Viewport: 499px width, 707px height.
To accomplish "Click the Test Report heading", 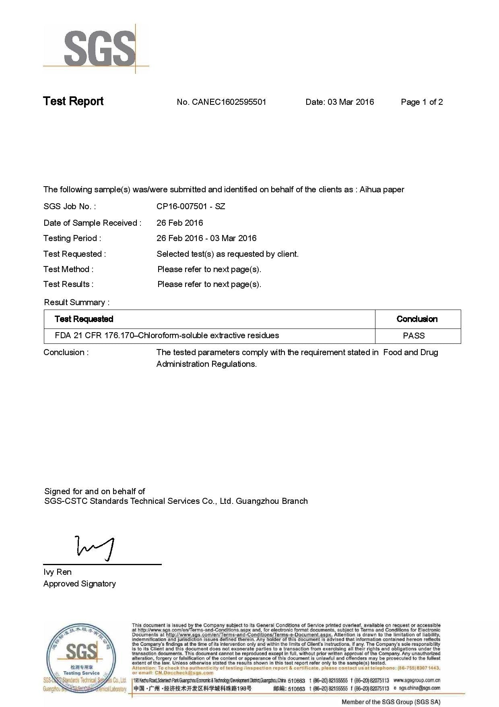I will click(x=73, y=101).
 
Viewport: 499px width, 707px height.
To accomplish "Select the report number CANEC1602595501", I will click(x=229, y=102).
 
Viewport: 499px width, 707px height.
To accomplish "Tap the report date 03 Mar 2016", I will click(x=351, y=102).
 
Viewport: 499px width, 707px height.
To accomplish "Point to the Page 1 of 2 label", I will click(x=422, y=102).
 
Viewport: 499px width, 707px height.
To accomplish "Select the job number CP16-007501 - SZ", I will click(x=191, y=206).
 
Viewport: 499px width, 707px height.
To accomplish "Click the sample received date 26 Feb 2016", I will click(x=179, y=223).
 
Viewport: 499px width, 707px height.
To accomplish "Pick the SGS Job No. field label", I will click(x=70, y=206).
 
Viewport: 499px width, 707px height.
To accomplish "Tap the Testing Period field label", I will click(x=72, y=238).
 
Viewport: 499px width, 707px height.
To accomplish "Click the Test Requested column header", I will click(x=84, y=319).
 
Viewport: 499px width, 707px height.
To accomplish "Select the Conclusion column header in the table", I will click(x=417, y=319).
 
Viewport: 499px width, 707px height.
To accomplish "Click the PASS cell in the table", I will click(x=414, y=336).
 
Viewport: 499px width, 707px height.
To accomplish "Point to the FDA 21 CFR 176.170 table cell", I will click(x=167, y=335).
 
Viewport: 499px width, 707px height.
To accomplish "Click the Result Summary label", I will click(x=76, y=302).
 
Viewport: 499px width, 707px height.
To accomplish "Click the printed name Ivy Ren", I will click(x=58, y=572).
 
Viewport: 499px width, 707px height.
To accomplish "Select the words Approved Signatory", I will click(x=80, y=584).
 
